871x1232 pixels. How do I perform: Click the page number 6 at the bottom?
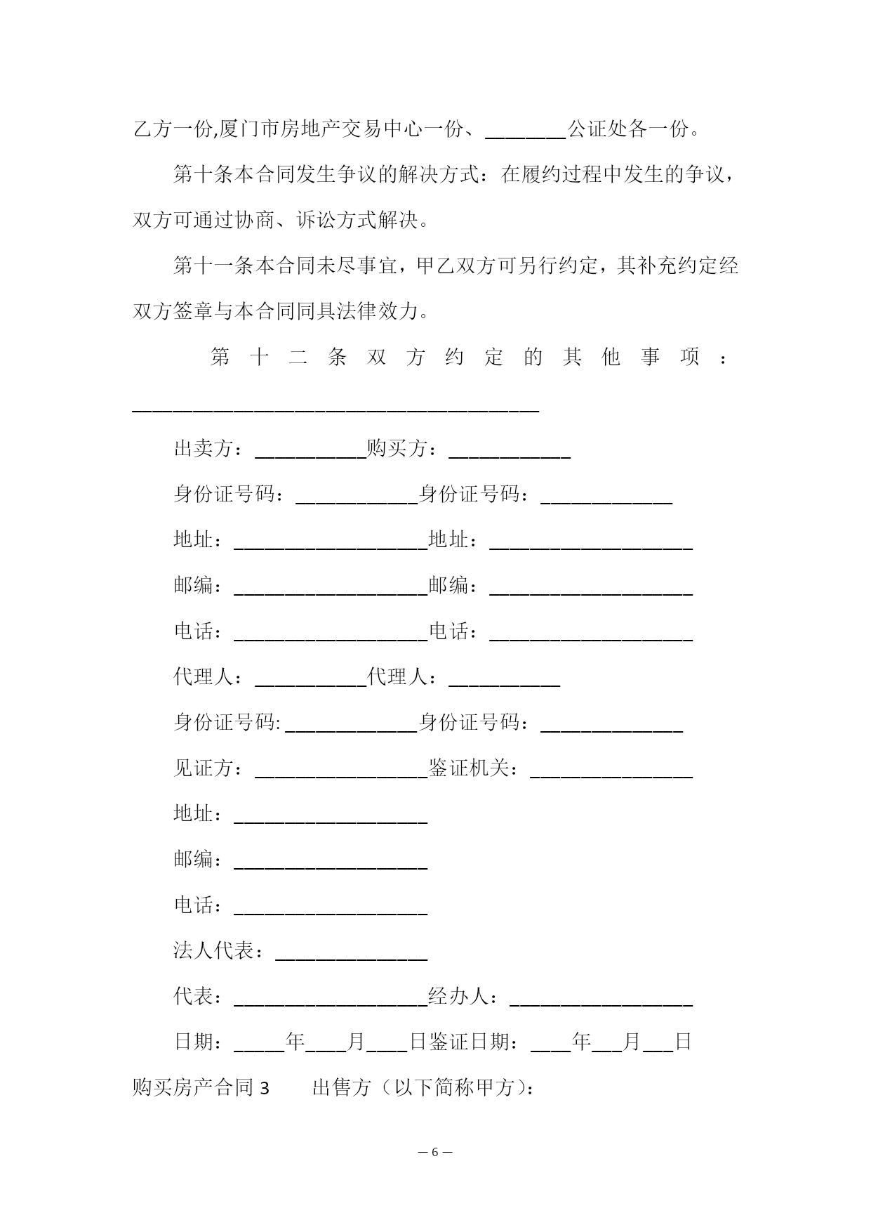click(x=434, y=1152)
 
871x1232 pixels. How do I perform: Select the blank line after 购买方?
click(x=509, y=451)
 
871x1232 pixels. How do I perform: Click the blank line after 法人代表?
click(x=351, y=954)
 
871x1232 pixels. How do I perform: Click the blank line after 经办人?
click(x=601, y=1000)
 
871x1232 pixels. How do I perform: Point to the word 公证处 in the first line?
click(x=597, y=129)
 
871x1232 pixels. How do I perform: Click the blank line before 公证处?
click(x=526, y=132)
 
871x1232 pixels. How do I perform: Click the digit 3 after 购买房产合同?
click(x=265, y=1088)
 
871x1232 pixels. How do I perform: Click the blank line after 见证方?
click(x=341, y=771)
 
